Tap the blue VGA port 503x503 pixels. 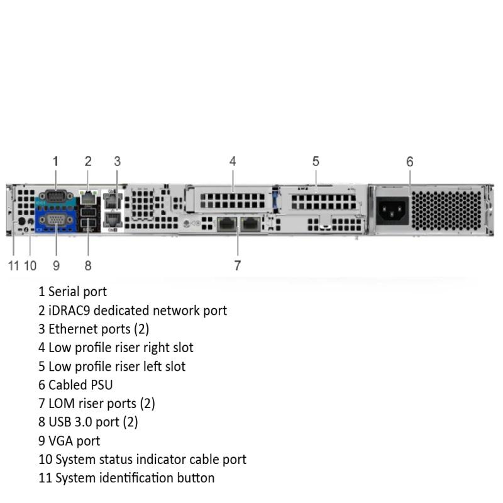[55, 219]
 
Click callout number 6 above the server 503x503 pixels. [410, 162]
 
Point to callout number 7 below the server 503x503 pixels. [237, 265]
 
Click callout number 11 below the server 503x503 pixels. [13, 265]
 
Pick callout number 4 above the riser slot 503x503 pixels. [233, 161]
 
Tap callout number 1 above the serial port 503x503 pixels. [55, 161]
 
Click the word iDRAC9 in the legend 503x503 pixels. [69, 310]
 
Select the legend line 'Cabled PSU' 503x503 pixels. [80, 384]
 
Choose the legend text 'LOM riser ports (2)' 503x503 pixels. [101, 403]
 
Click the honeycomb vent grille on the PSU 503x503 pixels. [450, 210]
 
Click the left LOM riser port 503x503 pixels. [226, 224]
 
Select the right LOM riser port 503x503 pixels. [250, 224]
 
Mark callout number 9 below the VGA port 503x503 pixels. [56, 265]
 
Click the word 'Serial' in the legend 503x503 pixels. [65, 292]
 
